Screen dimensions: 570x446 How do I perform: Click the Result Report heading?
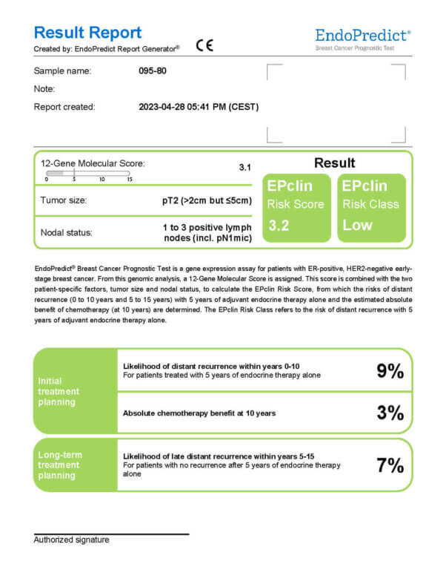tap(87, 33)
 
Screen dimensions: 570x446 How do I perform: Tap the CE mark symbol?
tap(204, 45)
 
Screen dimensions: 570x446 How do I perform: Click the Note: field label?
tap(44, 88)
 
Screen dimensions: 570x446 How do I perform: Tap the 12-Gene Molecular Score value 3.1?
tap(245, 168)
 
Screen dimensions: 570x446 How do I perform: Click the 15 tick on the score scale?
tap(129, 179)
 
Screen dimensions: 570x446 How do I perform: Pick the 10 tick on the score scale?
tap(101, 179)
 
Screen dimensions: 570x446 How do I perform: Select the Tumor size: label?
tap(64, 200)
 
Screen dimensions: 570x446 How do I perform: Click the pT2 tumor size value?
tap(207, 200)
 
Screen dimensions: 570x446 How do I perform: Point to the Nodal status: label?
tap(67, 232)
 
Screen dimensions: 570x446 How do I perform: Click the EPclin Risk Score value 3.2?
tap(279, 225)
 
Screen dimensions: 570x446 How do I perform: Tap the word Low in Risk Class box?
tap(357, 225)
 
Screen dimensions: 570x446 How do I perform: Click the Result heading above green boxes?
tap(334, 163)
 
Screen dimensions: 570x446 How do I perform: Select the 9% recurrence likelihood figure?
tap(390, 371)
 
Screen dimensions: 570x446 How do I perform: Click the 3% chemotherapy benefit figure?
tap(390, 413)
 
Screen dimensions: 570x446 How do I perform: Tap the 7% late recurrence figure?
tap(390, 465)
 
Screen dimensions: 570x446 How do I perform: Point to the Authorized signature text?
tap(71, 540)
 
